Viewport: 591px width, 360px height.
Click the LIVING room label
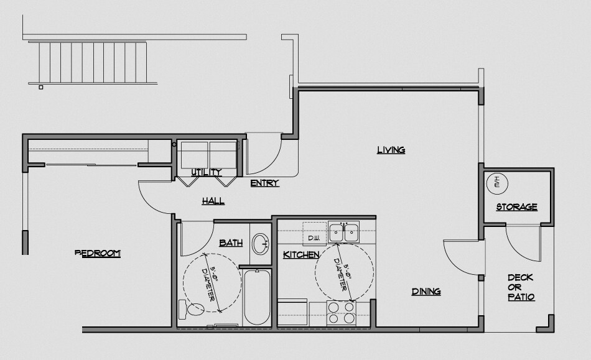coord(391,150)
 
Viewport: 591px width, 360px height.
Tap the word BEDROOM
coord(98,253)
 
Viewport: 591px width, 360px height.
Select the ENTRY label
coord(264,183)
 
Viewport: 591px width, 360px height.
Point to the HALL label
coord(213,201)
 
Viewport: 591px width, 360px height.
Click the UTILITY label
coord(207,172)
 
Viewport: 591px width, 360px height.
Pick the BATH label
coord(230,243)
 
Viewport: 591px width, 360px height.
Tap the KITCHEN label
coord(301,255)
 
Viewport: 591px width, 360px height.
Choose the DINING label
coord(426,291)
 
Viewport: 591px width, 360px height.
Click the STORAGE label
coord(516,207)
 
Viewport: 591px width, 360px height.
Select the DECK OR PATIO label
coord(521,287)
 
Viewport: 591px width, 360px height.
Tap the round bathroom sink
coord(261,242)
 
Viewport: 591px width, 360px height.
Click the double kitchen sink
coord(344,233)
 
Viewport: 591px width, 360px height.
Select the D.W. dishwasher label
coord(313,238)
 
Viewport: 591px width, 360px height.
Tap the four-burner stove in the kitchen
coord(340,312)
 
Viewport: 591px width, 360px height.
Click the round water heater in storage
coord(497,182)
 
